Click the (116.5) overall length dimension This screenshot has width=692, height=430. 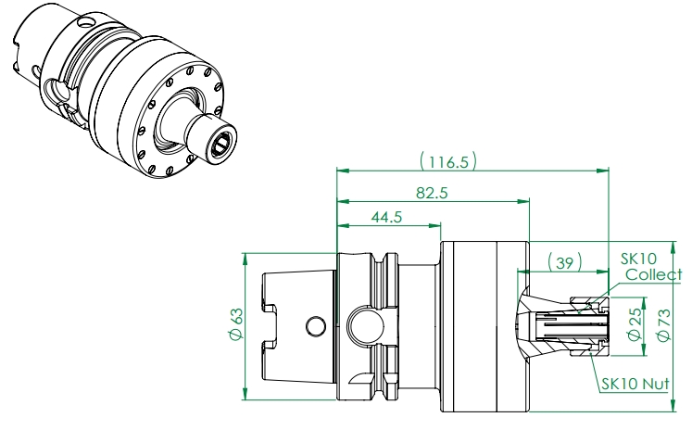point(448,161)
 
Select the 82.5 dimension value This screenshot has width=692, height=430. point(432,193)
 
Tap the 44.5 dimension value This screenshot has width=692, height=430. point(386,217)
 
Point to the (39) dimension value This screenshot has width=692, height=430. point(564,262)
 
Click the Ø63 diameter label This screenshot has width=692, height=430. point(236,324)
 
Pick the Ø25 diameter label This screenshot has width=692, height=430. point(635,324)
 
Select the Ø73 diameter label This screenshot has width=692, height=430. point(663,325)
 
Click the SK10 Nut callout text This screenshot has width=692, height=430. point(635,384)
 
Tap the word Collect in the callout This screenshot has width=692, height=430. point(654,274)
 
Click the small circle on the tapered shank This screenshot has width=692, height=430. point(316,326)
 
